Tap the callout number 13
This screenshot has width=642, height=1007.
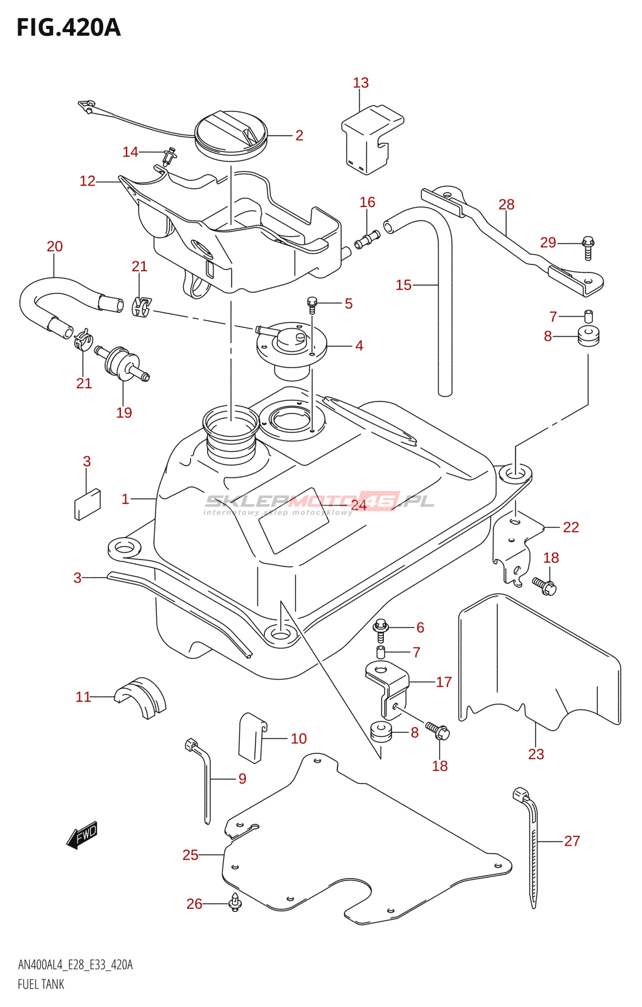click(361, 83)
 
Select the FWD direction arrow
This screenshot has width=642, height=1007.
click(82, 835)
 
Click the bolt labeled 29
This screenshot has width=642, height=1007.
click(588, 247)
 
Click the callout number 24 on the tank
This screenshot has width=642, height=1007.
click(359, 505)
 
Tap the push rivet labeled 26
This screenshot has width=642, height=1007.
click(235, 903)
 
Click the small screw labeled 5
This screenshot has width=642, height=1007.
click(312, 304)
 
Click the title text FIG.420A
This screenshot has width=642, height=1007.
click(69, 28)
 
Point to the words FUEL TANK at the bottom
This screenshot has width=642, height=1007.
click(41, 984)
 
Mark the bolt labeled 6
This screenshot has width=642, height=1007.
click(380, 629)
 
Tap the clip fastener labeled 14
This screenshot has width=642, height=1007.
click(169, 155)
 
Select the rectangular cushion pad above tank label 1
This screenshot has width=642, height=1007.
click(87, 504)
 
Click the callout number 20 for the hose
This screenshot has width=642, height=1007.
click(55, 247)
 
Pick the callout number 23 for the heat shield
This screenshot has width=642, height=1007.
click(536, 754)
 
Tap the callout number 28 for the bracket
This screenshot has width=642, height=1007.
click(506, 205)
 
